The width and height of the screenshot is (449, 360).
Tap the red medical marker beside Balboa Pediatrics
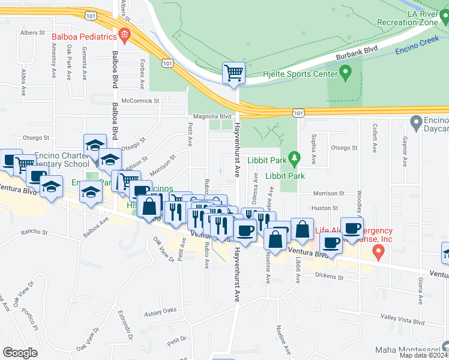[x=124, y=35]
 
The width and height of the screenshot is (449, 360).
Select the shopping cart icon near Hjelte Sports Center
[x=234, y=73]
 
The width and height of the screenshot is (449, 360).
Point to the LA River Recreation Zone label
[x=412, y=18]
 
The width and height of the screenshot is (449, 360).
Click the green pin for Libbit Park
[x=294, y=159]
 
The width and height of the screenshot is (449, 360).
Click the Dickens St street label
[x=328, y=277]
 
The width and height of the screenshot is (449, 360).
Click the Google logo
[x=20, y=353]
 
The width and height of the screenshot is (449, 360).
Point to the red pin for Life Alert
[x=378, y=253]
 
